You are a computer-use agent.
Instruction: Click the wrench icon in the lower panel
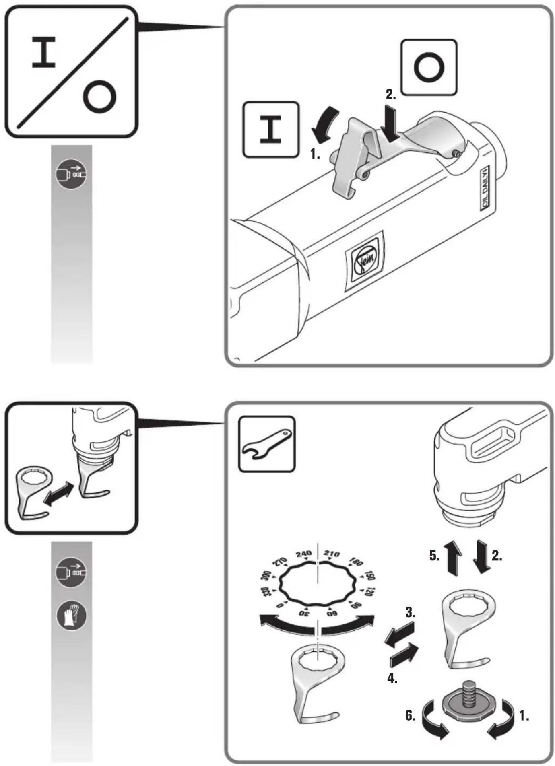pyautogui.click(x=267, y=444)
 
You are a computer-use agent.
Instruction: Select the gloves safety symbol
pyautogui.click(x=71, y=615)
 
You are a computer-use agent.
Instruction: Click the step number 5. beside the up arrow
pyautogui.click(x=434, y=556)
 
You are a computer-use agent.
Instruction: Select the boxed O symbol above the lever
pyautogui.click(x=429, y=67)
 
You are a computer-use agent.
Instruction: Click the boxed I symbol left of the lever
pyautogui.click(x=271, y=130)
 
